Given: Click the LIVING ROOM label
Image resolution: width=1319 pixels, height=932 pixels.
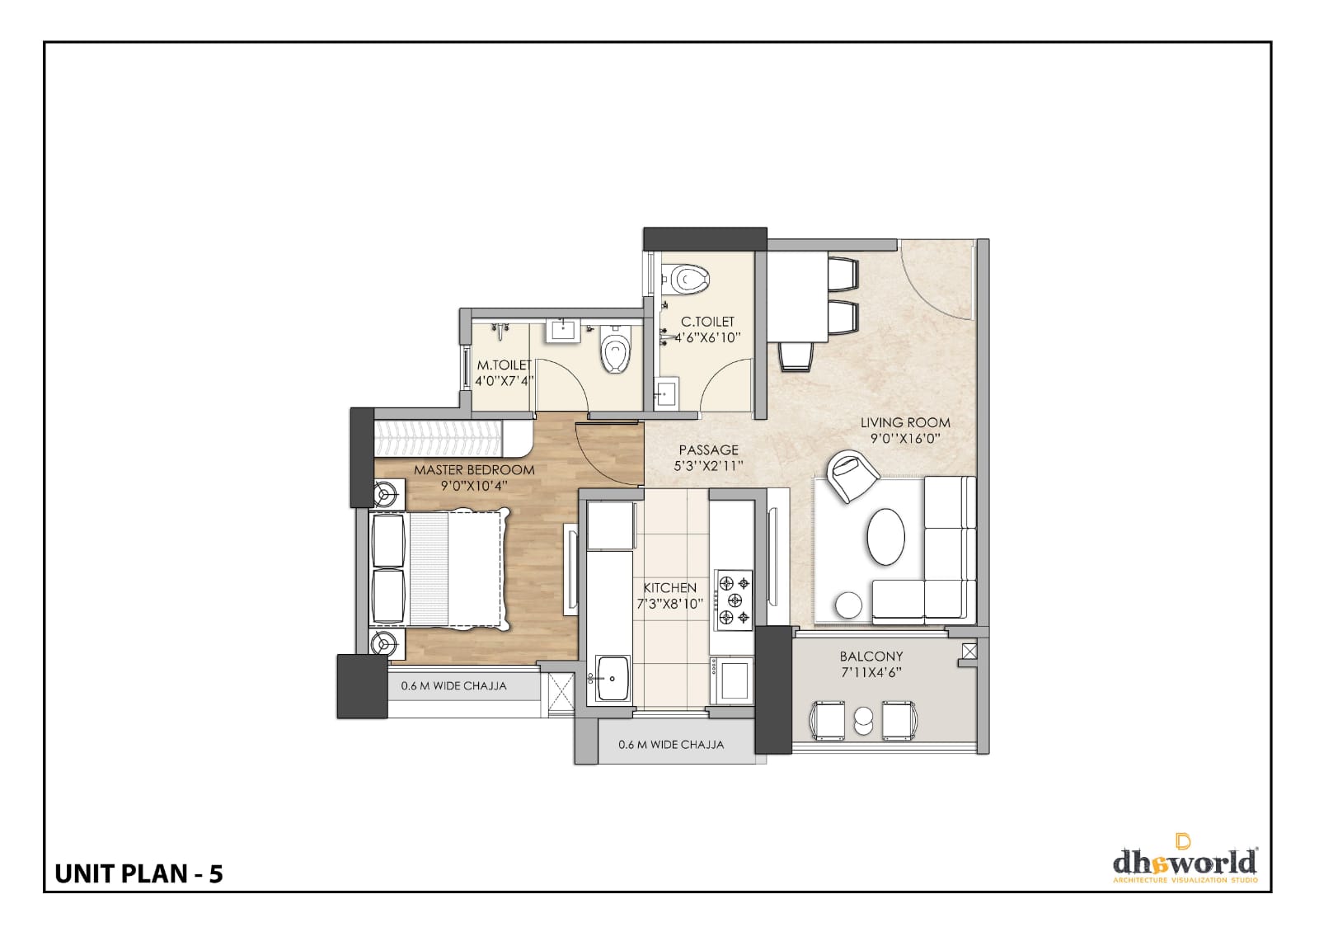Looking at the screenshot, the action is click(905, 422).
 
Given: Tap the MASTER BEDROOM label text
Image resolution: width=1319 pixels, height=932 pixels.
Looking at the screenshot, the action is click(474, 470).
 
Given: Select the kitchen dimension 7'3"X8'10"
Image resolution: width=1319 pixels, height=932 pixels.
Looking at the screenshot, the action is click(670, 604).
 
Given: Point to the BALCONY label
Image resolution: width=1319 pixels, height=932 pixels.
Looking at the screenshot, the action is click(871, 657).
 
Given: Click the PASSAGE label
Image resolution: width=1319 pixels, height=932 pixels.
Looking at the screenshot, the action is click(708, 450).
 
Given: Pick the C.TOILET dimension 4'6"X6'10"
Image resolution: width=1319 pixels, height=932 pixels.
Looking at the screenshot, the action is click(707, 337).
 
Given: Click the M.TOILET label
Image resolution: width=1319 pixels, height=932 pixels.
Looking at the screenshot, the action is click(504, 365).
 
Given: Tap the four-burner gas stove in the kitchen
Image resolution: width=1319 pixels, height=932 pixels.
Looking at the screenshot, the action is click(734, 600).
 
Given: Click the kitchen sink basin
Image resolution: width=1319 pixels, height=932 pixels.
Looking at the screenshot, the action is click(613, 678).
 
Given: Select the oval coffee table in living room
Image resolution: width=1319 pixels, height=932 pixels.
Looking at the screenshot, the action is click(885, 537).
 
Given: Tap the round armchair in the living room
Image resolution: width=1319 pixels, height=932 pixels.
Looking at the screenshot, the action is click(852, 476).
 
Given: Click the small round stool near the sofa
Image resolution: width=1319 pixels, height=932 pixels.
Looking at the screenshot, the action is click(849, 605).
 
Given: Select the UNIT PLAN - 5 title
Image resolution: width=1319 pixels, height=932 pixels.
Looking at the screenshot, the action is click(139, 874).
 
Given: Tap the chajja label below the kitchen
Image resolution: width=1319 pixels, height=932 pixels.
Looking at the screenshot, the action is click(671, 745).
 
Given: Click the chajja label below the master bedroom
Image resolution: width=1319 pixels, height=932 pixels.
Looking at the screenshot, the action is click(453, 685).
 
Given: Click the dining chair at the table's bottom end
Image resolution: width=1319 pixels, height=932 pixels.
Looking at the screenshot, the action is click(796, 356).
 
